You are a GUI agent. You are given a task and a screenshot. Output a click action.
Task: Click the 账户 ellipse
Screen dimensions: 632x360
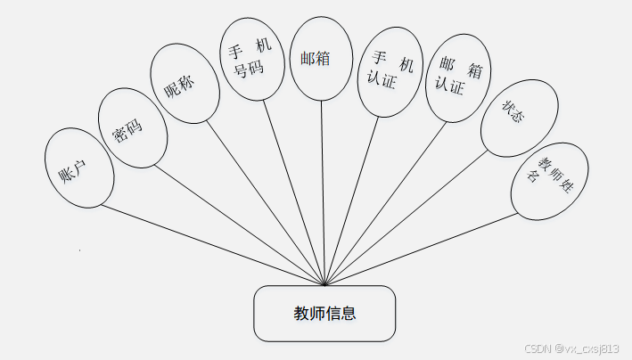[x=79, y=168]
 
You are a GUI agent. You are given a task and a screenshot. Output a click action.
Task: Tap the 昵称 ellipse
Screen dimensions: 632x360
[x=185, y=89]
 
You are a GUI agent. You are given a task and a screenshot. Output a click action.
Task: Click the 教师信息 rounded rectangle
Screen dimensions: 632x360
[x=324, y=314]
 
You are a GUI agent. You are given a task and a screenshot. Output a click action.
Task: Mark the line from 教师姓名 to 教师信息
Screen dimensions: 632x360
[x=419, y=250]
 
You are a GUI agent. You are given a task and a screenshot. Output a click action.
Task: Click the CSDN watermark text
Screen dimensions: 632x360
[x=570, y=348]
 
